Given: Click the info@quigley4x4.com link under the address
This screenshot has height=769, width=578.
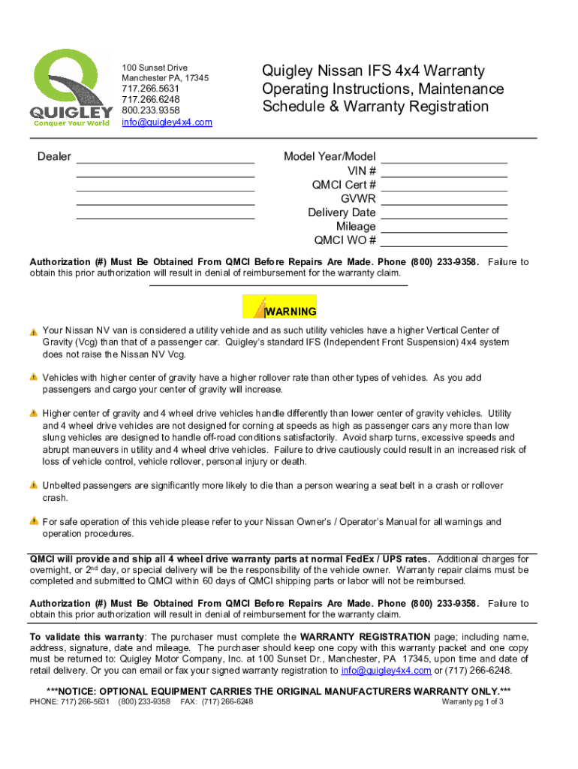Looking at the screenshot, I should coord(167,122).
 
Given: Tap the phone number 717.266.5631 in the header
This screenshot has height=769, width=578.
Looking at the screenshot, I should coord(151,89).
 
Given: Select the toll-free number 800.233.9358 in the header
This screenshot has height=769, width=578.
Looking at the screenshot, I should coord(151,110).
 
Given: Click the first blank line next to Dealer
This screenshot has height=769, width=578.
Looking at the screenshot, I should coord(165,158).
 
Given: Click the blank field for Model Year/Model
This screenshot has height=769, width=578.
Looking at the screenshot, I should coord(444,158).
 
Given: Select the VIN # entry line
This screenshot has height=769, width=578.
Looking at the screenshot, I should coord(444,172).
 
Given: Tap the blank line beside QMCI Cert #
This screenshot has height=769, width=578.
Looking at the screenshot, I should coord(444,186).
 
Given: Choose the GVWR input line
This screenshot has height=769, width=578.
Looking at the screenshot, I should coord(444,201).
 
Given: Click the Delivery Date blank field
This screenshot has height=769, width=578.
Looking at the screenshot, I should coord(444,214).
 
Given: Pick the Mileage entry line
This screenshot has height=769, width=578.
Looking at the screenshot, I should coord(444,228).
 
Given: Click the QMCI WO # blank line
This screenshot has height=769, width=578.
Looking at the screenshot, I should coord(444,242).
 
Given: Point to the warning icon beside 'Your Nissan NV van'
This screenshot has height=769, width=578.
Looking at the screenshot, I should coord(34,331).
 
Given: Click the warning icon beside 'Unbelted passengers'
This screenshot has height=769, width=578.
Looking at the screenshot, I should coord(34,486).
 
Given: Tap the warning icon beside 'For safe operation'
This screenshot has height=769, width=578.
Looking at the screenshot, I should coord(34,521).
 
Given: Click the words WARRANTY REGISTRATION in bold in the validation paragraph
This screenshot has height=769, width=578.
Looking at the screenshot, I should coord(366,637).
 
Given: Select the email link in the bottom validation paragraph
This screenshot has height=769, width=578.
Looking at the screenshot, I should coord(386,671).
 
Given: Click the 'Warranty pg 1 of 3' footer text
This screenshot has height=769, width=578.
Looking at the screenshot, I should coord(472,702).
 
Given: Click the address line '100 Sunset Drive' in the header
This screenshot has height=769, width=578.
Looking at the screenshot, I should coord(155,68).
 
